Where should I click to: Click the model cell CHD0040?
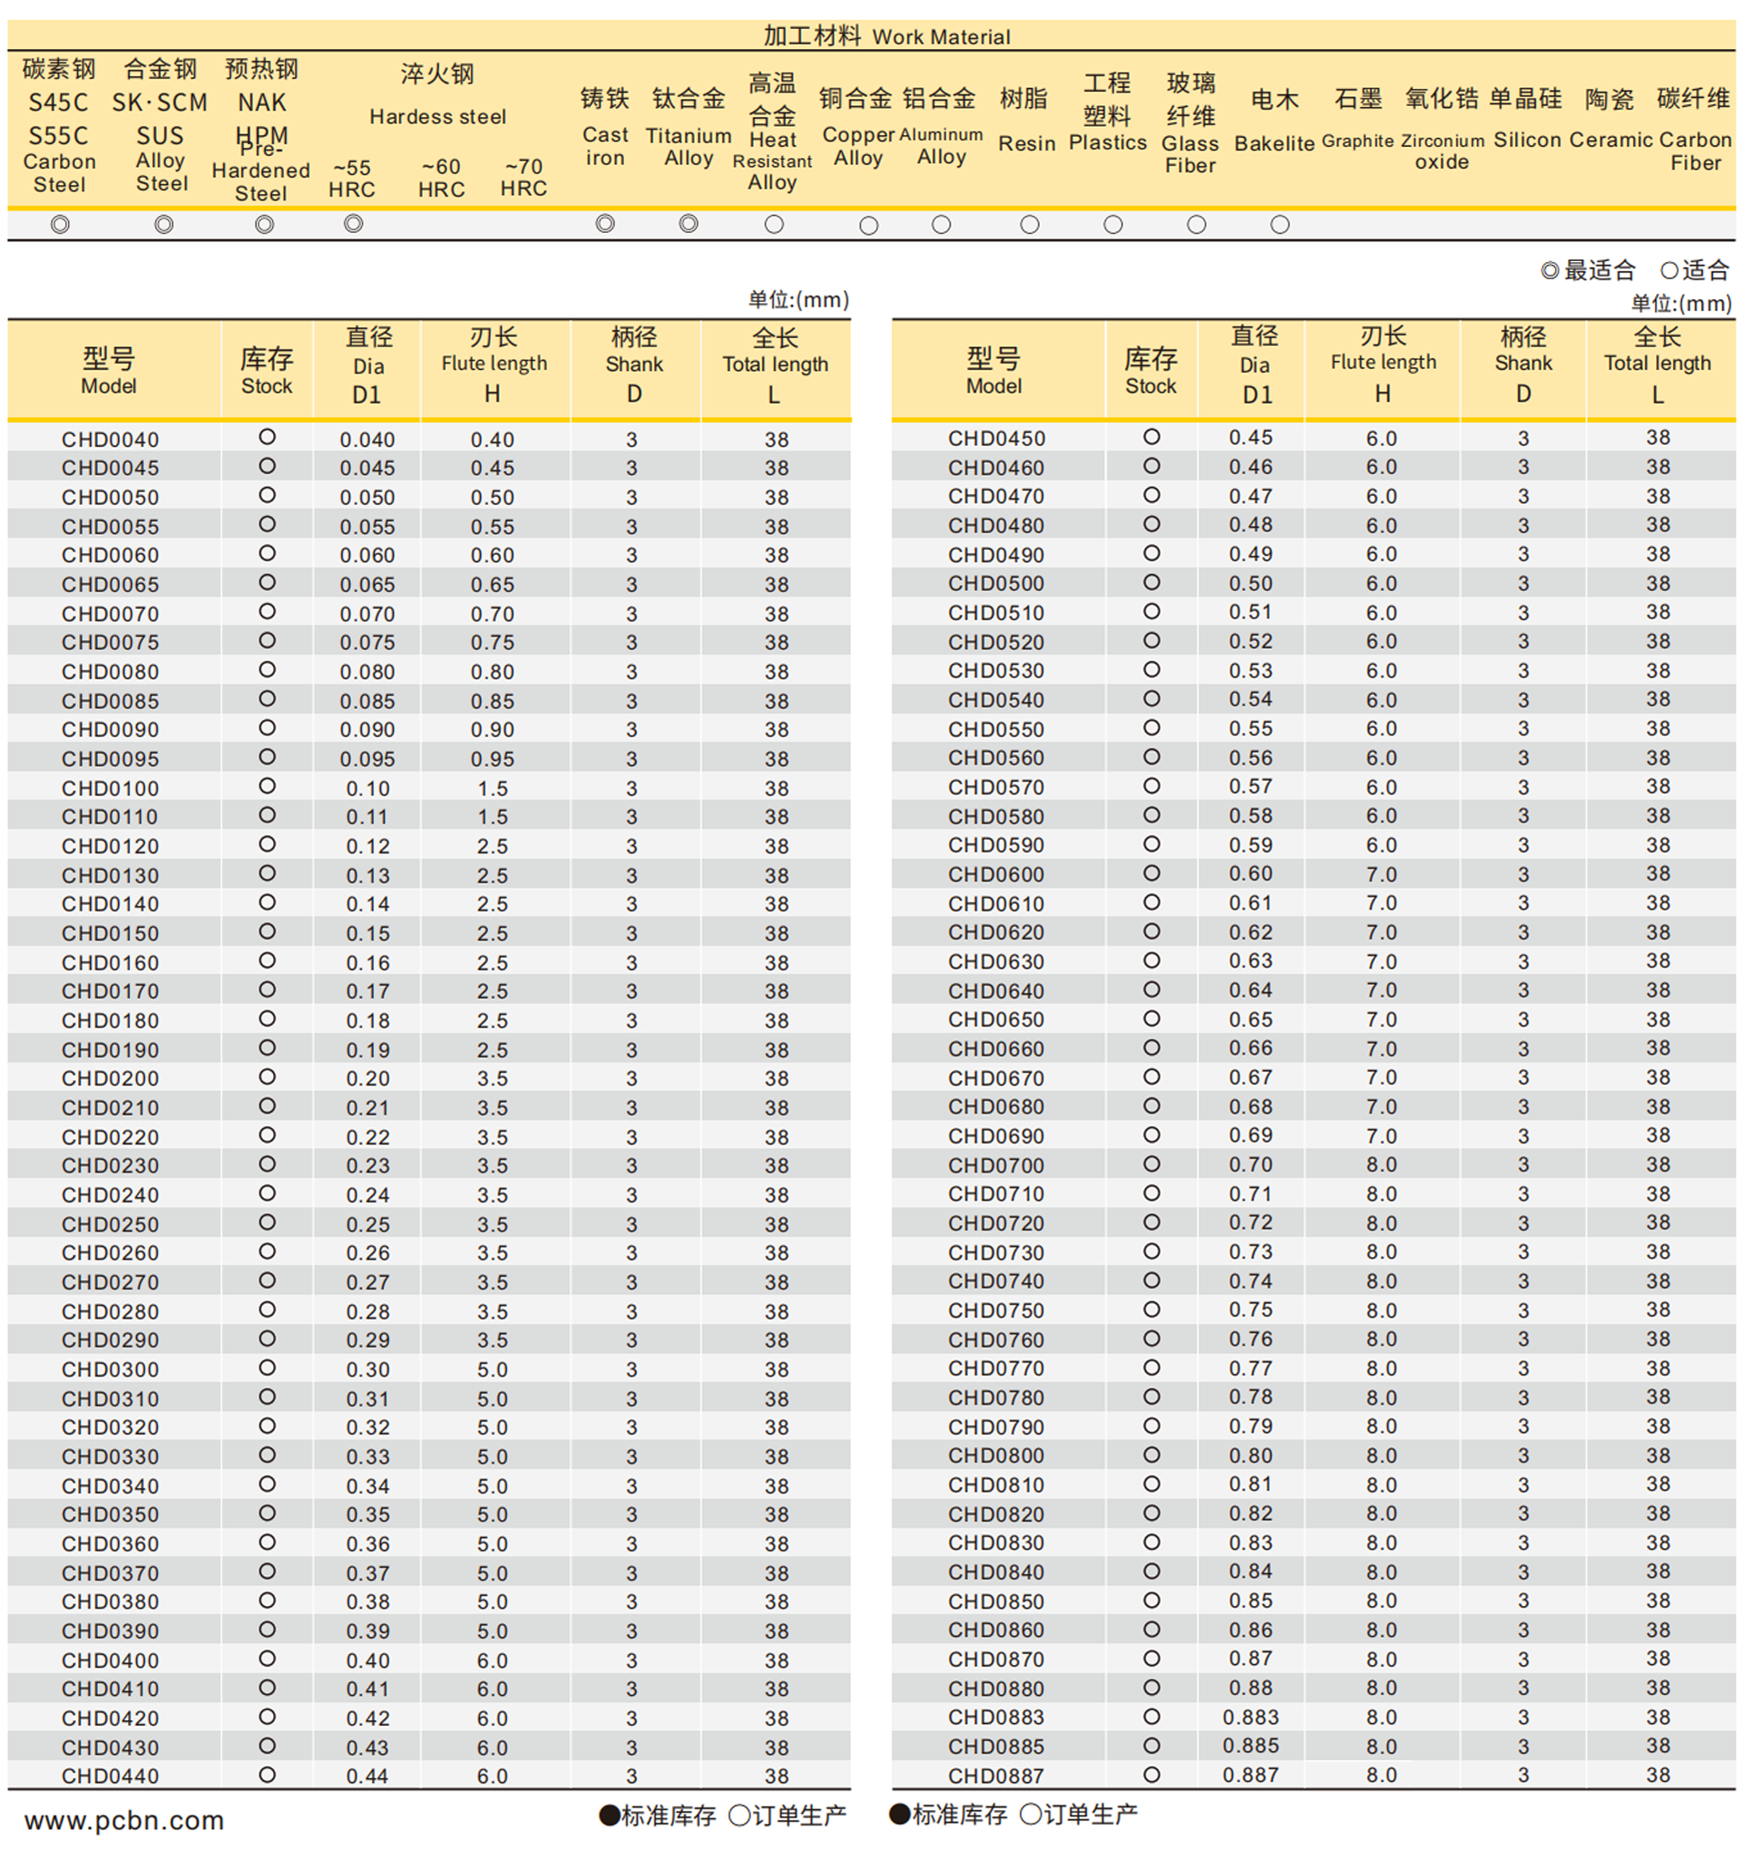(x=111, y=440)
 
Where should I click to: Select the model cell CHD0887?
(x=995, y=1775)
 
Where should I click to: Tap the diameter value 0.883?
(x=1250, y=1717)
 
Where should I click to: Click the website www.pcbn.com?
(x=124, y=1820)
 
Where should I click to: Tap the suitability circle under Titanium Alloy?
(x=689, y=223)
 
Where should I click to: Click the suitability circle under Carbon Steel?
(x=60, y=224)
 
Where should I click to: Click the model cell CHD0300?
(x=111, y=1369)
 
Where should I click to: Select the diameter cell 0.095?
(x=367, y=759)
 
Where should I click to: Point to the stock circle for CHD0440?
(x=268, y=1774)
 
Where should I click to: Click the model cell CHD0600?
(x=995, y=874)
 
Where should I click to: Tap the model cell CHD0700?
(x=995, y=1165)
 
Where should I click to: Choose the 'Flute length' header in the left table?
(x=494, y=365)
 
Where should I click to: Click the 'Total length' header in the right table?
(x=1657, y=365)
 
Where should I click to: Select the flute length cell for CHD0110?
(x=492, y=816)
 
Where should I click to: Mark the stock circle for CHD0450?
(x=1151, y=437)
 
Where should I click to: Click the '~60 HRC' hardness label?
(x=441, y=178)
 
